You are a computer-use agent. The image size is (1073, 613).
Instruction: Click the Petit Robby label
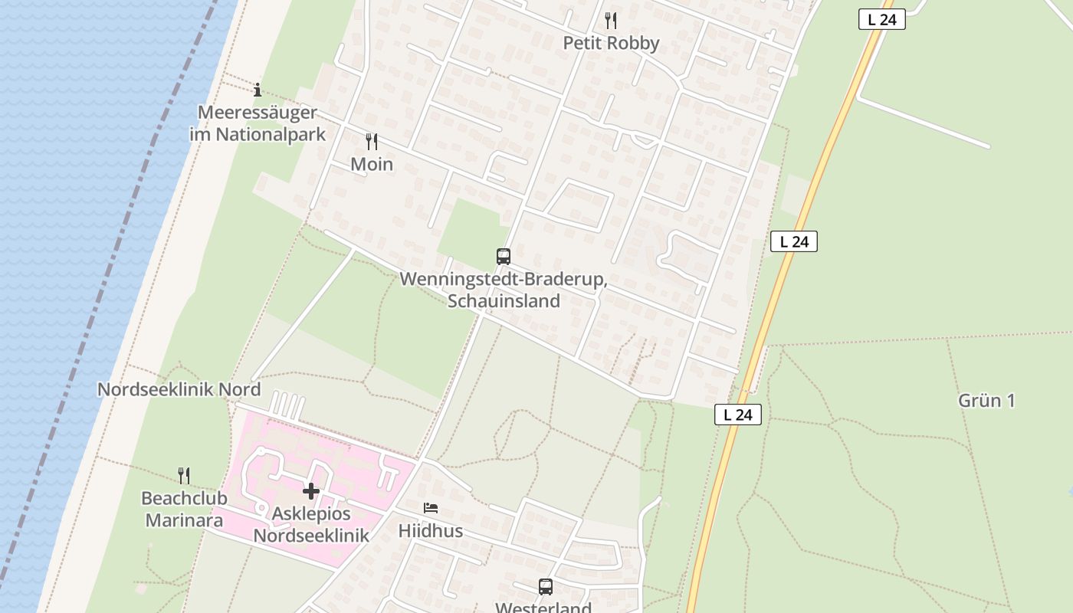[611, 43]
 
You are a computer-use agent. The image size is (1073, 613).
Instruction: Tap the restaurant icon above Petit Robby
[611, 20]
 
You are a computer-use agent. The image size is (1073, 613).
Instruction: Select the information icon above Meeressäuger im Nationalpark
[258, 90]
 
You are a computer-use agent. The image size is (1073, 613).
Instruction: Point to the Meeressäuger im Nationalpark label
[258, 123]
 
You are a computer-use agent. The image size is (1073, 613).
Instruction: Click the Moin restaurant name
[372, 164]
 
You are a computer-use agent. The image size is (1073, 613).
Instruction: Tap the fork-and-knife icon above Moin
[372, 141]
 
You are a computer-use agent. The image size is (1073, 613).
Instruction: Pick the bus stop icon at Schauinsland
[504, 256]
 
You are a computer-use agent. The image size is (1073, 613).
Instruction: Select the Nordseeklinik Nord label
[179, 389]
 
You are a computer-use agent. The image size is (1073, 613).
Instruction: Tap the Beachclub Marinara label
[184, 510]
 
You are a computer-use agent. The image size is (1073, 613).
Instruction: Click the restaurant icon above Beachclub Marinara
[184, 475]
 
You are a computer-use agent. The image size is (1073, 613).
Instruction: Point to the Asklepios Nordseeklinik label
[311, 525]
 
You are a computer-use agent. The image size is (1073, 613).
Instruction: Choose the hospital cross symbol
[311, 490]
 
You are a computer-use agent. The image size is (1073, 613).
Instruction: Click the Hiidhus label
[431, 530]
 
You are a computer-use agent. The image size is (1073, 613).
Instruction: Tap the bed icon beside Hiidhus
[431, 508]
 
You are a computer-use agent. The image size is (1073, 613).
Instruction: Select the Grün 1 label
[986, 400]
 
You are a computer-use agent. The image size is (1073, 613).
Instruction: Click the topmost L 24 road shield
[882, 20]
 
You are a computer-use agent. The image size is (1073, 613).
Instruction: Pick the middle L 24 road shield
[794, 241]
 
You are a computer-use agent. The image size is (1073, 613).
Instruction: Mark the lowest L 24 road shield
[738, 415]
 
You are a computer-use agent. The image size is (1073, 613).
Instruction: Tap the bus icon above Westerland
[545, 587]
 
